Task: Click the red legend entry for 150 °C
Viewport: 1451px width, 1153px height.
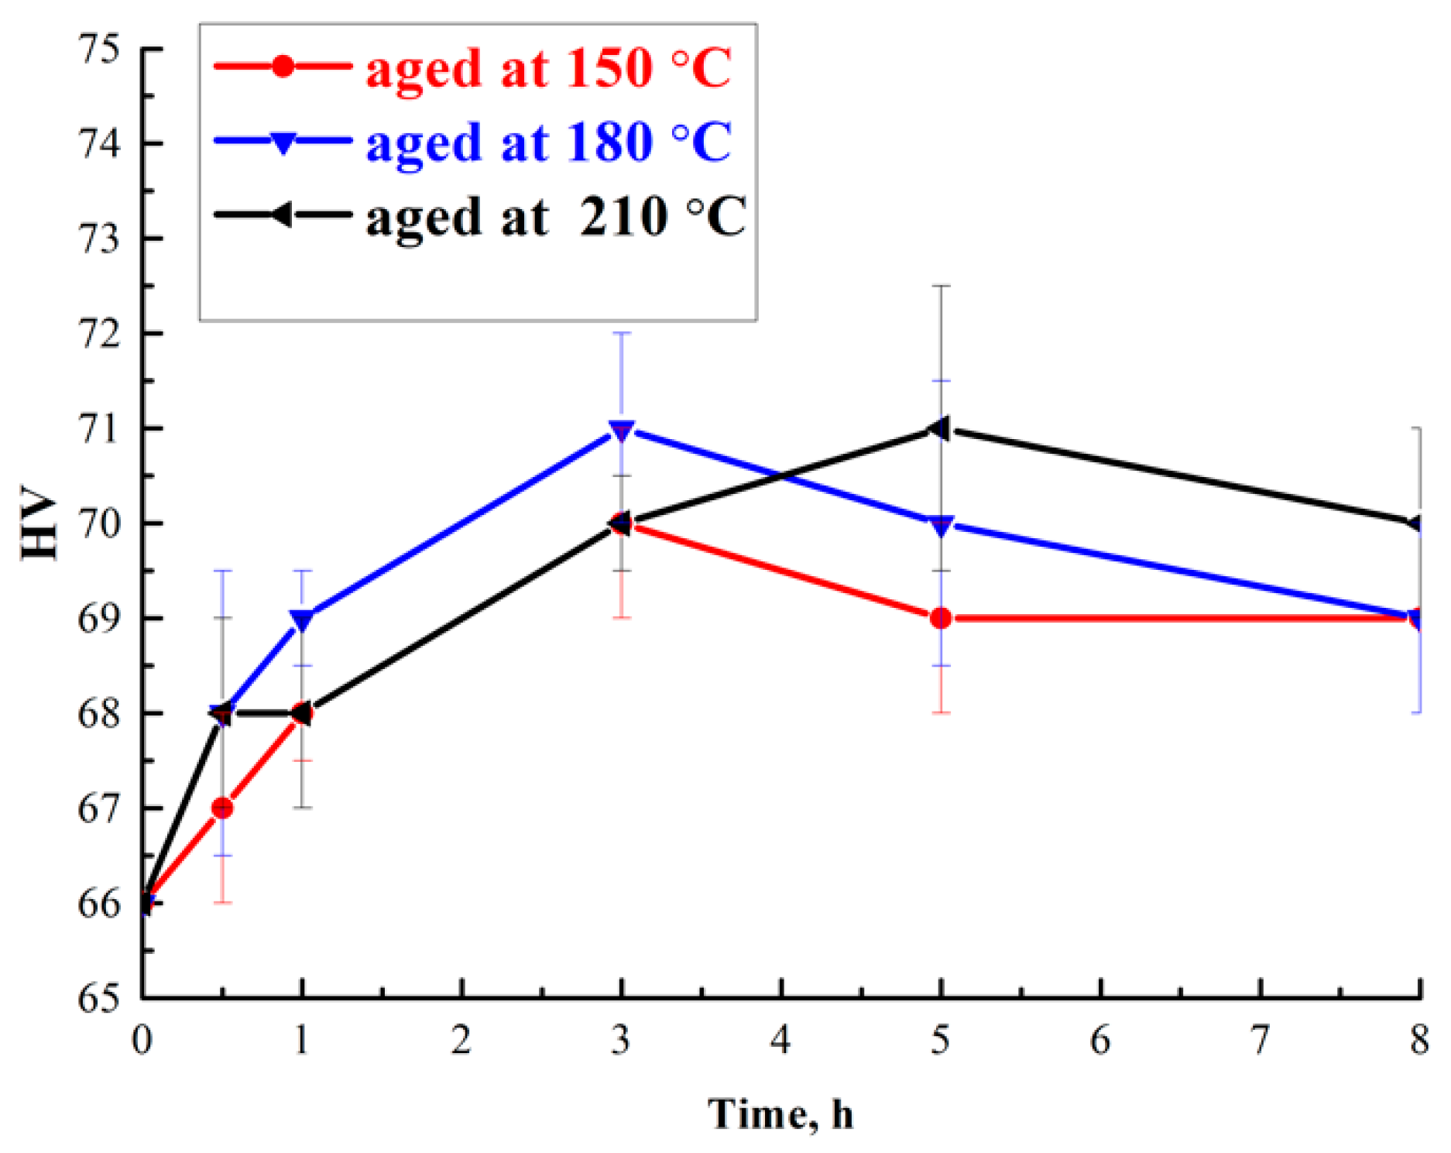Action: [x=472, y=67]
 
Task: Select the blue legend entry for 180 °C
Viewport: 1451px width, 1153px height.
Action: [x=472, y=142]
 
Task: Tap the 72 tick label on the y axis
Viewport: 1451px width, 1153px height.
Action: [x=101, y=334]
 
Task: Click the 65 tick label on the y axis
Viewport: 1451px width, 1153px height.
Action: [x=101, y=998]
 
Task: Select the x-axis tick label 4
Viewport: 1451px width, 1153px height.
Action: [x=780, y=1040]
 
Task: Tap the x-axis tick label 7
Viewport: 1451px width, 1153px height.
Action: [x=1261, y=1040]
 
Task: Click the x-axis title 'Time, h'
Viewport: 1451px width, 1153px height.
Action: [x=780, y=1114]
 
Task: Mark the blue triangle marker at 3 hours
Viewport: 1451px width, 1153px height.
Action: [x=622, y=431]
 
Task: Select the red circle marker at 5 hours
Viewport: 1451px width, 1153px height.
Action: [x=941, y=619]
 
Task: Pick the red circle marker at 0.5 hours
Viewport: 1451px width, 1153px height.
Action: [x=222, y=808]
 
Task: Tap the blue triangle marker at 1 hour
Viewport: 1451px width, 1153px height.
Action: [x=302, y=620]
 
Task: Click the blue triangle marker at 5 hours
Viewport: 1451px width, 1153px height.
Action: [x=941, y=527]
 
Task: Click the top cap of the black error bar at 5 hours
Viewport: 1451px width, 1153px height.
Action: [x=941, y=286]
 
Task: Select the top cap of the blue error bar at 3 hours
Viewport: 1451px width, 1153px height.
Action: [x=622, y=333]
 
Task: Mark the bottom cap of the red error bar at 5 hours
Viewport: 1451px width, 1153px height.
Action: [x=941, y=712]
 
